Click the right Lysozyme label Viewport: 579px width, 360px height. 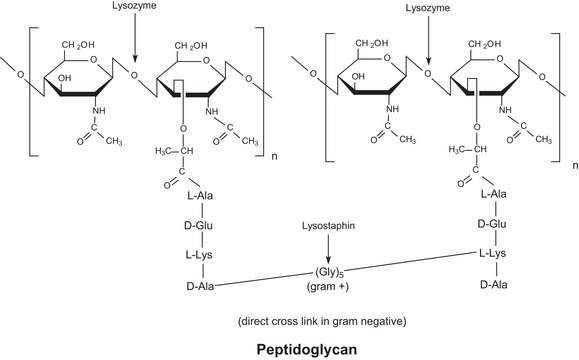(426, 8)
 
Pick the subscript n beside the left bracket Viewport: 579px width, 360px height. (277, 156)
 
